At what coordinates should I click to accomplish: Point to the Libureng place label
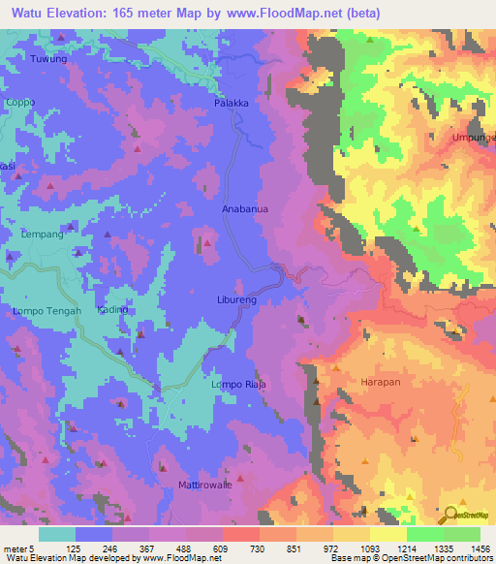coord(236,301)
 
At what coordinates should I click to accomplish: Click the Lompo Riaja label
coord(238,385)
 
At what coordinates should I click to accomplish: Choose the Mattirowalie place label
coord(204,484)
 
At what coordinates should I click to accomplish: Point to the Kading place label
coord(113,309)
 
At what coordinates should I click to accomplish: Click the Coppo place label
coord(19,102)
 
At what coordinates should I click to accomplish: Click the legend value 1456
coord(480,548)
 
